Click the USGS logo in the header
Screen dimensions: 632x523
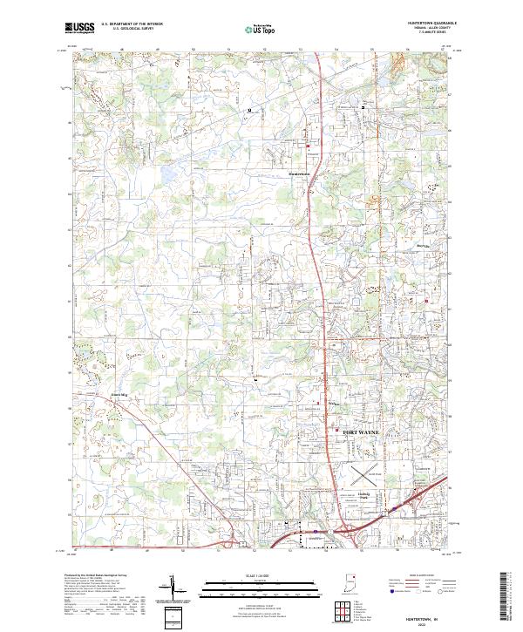pos(80,27)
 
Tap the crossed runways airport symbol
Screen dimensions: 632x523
pos(363,475)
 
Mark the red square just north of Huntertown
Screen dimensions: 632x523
pos(307,144)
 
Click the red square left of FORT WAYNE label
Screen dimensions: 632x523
pos(337,427)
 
